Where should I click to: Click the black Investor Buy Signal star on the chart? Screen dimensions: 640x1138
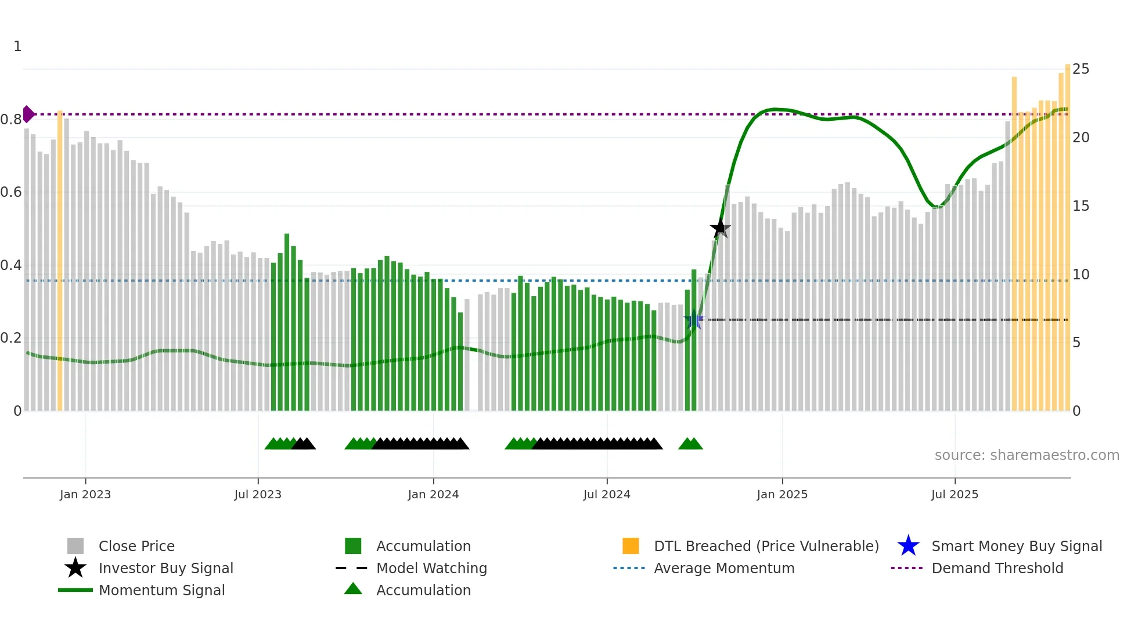[x=720, y=228]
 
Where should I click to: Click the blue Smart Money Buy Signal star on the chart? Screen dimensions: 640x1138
[x=693, y=320]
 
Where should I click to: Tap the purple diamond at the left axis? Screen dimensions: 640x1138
[x=28, y=114]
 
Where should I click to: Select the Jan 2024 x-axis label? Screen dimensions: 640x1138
[x=433, y=494]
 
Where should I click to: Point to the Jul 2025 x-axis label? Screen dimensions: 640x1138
[x=955, y=494]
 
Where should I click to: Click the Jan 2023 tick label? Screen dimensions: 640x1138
[x=85, y=494]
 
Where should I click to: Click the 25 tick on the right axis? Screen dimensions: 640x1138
[x=1081, y=69]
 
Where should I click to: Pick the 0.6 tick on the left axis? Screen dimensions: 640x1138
[x=12, y=192]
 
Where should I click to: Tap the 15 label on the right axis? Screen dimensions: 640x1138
[x=1081, y=206]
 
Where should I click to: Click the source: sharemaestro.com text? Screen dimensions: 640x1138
[x=1027, y=455]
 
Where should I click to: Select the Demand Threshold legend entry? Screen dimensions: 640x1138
[x=997, y=569]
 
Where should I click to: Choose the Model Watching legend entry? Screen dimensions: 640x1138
[x=431, y=569]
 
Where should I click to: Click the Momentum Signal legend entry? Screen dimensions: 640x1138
[x=161, y=591]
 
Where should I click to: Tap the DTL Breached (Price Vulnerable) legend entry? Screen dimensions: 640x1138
[x=766, y=546]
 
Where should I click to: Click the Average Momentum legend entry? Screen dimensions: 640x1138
[x=723, y=569]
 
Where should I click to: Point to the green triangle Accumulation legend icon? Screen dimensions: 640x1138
[x=353, y=589]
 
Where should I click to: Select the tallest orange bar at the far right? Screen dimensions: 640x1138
[x=1067, y=238]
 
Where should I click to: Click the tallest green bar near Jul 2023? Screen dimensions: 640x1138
[x=287, y=322]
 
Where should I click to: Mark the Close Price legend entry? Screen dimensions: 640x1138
[x=136, y=546]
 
